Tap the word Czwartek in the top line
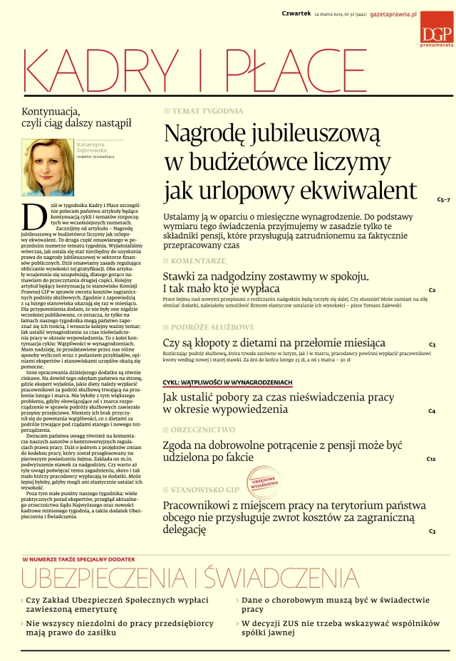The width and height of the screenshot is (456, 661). pos(296,14)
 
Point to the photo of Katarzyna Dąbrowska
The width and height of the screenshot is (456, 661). pos(47,168)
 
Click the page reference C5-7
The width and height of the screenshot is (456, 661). pos(443,200)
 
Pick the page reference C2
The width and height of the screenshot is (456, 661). pos(432,290)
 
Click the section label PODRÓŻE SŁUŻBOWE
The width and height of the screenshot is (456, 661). pos(212,327)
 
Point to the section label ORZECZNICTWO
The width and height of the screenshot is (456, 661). pos(202,430)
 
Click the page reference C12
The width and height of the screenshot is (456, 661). pos(431,460)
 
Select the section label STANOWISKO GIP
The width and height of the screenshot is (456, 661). pos(206,490)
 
